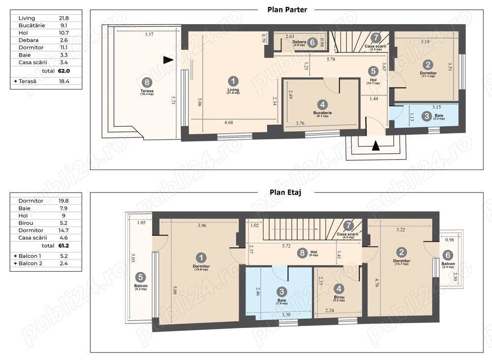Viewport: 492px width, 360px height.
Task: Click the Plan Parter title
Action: pyautogui.click(x=287, y=9)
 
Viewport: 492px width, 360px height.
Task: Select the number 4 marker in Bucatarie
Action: pyautogui.click(x=322, y=104)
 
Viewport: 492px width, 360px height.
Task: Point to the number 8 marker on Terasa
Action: pyautogui.click(x=146, y=82)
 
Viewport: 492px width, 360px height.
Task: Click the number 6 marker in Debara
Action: pyautogui.click(x=312, y=43)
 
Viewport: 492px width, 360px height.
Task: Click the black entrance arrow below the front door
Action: pyautogui.click(x=375, y=145)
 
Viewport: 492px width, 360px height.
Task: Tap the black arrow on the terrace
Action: pyautogui.click(x=168, y=60)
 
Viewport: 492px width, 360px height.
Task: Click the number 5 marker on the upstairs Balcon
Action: pyautogui.click(x=140, y=277)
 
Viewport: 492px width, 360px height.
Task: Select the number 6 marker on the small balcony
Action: pyautogui.click(x=447, y=255)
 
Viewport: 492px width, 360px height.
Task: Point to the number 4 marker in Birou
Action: pyautogui.click(x=338, y=289)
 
